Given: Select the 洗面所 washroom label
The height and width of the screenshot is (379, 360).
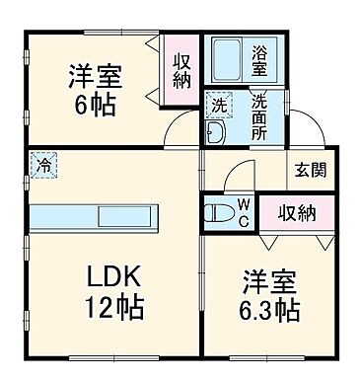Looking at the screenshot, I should (258, 115).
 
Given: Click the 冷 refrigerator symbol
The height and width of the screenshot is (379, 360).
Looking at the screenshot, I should (43, 166).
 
